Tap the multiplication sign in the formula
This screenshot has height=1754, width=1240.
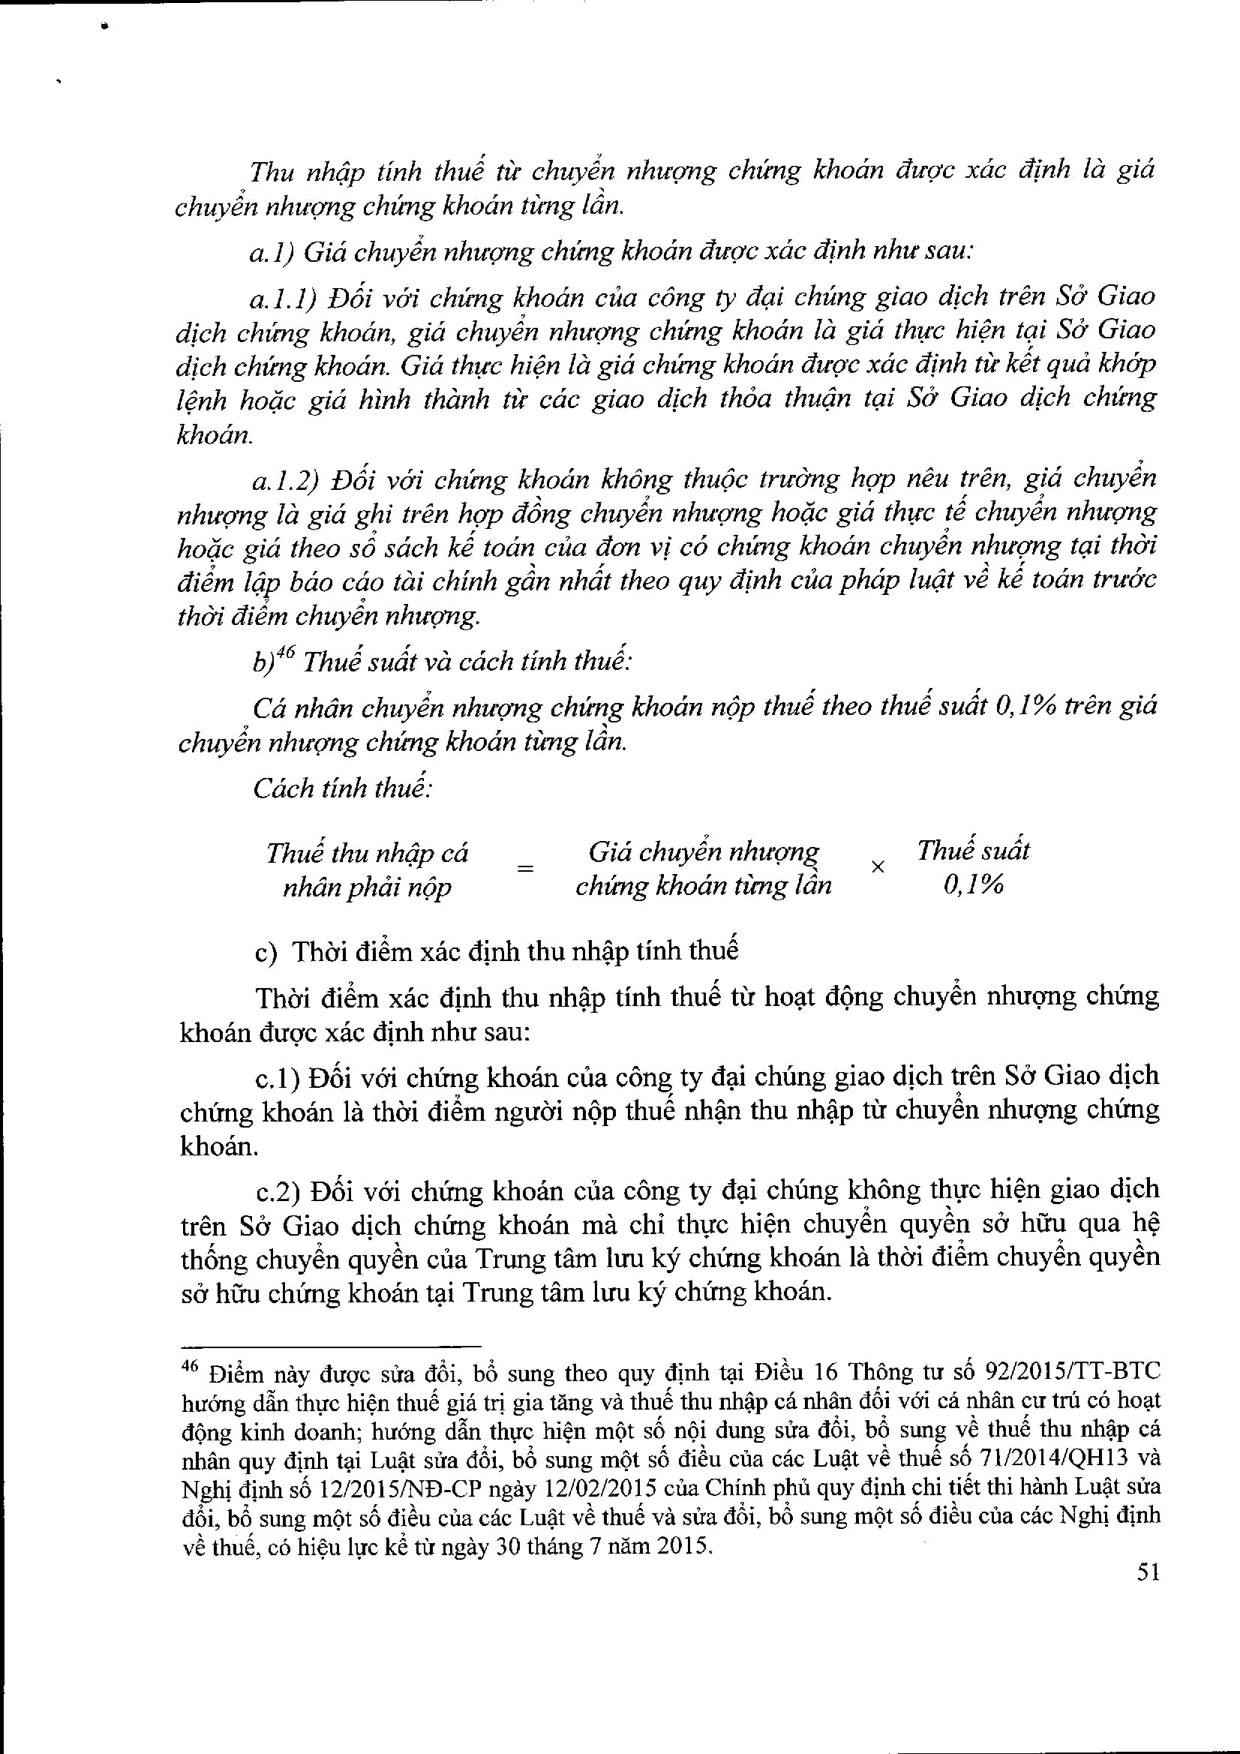(x=878, y=867)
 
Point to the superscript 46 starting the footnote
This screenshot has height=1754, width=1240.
(x=189, y=1368)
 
